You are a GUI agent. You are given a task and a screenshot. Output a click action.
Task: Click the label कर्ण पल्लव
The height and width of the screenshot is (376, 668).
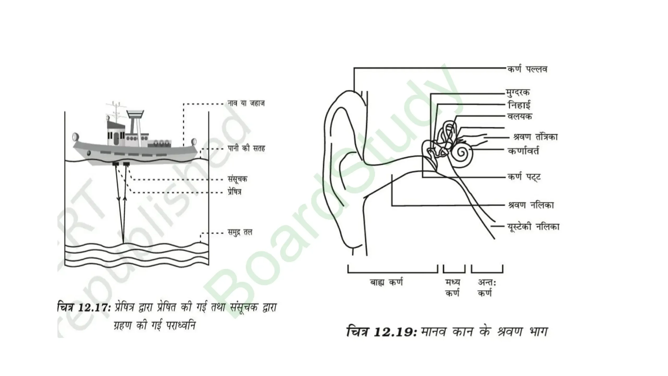coord(527,69)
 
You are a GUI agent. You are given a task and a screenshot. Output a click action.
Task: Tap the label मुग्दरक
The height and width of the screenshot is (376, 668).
coord(518,93)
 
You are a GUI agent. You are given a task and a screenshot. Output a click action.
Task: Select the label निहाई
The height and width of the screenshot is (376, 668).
coord(519,105)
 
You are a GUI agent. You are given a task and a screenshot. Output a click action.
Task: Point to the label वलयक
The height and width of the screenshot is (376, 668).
coord(520,116)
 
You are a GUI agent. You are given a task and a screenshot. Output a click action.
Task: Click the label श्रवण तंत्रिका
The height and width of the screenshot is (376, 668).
coord(535,137)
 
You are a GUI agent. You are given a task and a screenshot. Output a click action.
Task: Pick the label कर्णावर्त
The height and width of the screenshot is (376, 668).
coord(523,151)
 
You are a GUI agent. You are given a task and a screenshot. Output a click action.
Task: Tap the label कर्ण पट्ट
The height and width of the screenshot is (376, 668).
coord(524,177)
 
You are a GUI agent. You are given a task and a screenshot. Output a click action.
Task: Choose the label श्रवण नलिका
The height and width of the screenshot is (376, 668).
coord(531,205)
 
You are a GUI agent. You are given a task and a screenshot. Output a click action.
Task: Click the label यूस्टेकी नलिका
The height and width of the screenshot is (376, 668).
coord(533,227)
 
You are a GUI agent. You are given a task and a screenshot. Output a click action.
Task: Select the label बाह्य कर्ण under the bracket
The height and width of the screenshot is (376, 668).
coord(386,283)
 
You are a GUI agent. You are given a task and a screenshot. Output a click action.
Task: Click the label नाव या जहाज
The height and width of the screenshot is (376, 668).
coord(246,103)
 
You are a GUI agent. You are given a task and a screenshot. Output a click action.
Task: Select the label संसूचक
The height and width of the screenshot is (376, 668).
coord(237,179)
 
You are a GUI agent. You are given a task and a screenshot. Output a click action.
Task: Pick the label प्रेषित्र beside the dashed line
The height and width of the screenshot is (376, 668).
coord(235,192)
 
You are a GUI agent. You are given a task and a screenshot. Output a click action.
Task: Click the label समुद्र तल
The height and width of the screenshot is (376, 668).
coord(240,232)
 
